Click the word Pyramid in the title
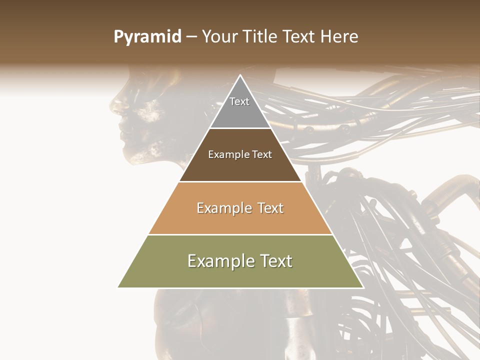[x=147, y=36]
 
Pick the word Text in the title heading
[x=299, y=36]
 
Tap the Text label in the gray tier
[x=239, y=101]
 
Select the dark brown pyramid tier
[x=240, y=165]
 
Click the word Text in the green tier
[x=275, y=261]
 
